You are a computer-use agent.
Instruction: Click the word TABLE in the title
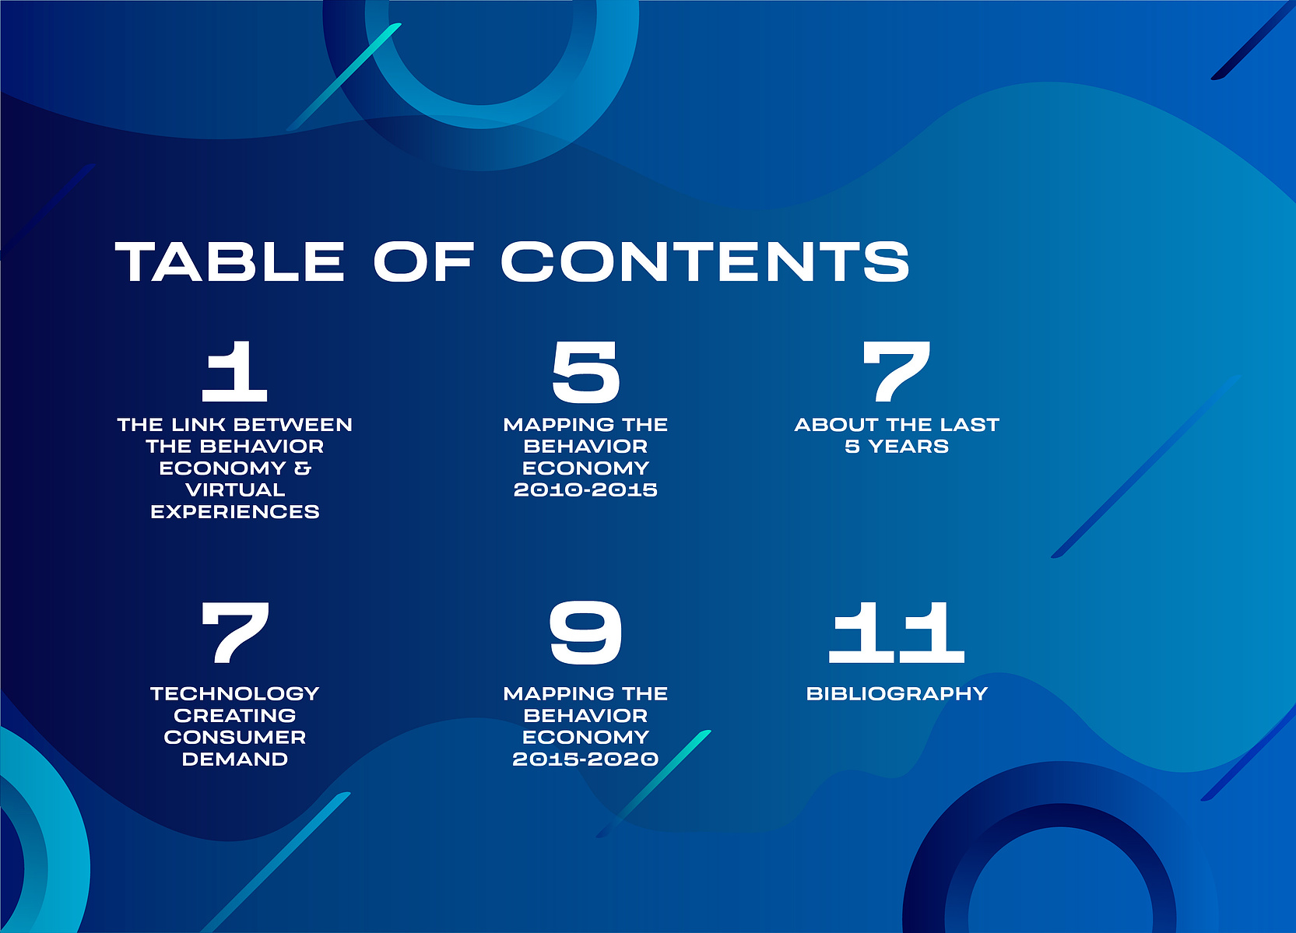point(230,261)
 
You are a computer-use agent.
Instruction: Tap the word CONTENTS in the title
point(705,261)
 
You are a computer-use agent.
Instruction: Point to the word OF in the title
point(423,261)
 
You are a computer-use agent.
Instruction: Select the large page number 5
point(585,371)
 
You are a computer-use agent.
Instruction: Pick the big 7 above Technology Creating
point(236,632)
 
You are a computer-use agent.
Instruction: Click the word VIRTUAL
point(235,490)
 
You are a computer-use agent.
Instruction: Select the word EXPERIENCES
point(235,512)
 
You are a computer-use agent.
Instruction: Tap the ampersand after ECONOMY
point(303,468)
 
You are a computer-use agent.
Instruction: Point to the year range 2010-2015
point(585,490)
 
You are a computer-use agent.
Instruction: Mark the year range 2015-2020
point(585,759)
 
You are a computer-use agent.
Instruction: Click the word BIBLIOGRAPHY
point(897,693)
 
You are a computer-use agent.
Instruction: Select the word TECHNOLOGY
point(235,693)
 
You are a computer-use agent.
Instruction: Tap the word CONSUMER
point(235,738)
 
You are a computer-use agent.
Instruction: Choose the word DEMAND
point(235,759)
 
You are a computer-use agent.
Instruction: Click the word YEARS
point(909,447)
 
